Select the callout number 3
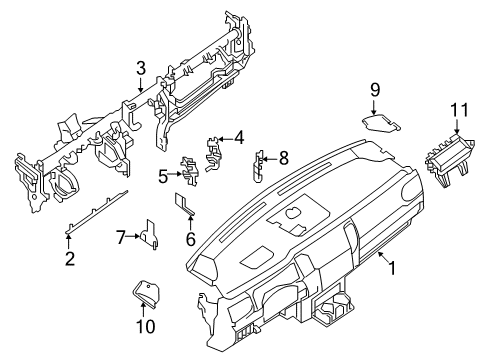pyautogui.click(x=142, y=68)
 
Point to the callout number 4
pyautogui.click(x=238, y=138)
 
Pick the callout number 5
pyautogui.click(x=163, y=176)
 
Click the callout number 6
pyautogui.click(x=189, y=239)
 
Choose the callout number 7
pyautogui.click(x=121, y=237)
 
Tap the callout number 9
pyautogui.click(x=376, y=90)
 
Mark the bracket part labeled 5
pyautogui.click(x=187, y=172)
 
